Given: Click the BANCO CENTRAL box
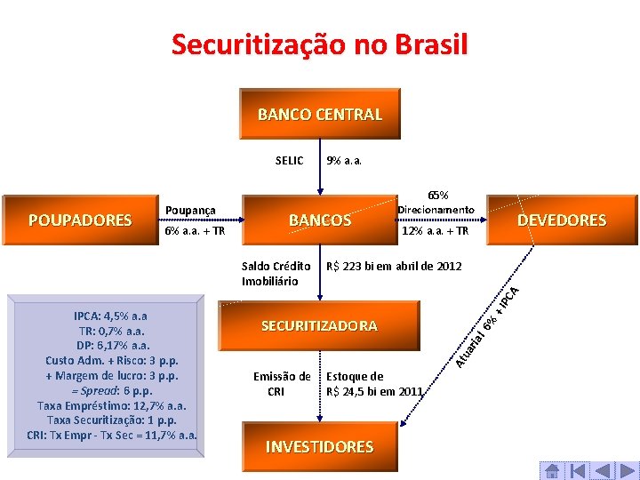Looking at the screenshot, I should pos(320,115).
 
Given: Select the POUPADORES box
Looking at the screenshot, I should pos(80,220).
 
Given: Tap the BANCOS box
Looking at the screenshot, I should pos(320,220).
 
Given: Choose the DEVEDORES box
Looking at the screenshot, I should pos(562,220).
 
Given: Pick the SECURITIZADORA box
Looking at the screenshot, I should pos(319,326).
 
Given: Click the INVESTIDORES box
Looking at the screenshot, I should pos(319,447).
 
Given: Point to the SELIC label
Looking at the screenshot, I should pos(289,161).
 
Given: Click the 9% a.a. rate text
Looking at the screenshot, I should pos(344,161).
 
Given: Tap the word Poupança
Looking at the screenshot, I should pos(191,210).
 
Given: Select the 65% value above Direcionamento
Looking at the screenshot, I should pos(437,195).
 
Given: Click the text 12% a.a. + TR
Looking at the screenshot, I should pos(435,231).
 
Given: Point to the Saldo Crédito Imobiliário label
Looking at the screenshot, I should pos(276,273).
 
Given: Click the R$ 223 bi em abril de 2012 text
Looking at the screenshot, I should pos(394,266).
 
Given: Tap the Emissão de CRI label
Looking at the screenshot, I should pos(282,383).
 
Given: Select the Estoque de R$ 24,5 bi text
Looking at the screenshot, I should pos(374,383).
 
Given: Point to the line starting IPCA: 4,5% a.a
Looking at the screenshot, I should pos(111,316).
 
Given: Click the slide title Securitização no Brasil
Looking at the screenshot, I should pos(319,44).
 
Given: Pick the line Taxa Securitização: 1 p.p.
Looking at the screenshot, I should pos(111,420).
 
